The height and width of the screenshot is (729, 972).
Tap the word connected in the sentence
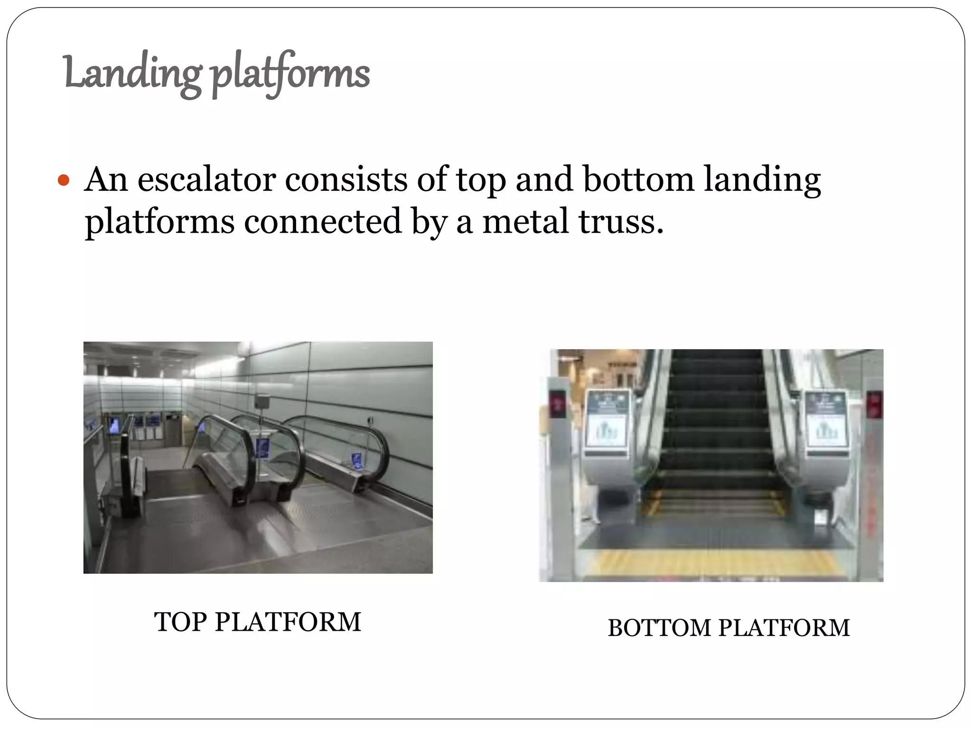point(323,222)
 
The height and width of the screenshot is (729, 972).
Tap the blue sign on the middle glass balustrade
point(262,448)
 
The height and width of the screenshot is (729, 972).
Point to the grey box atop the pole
point(262,401)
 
